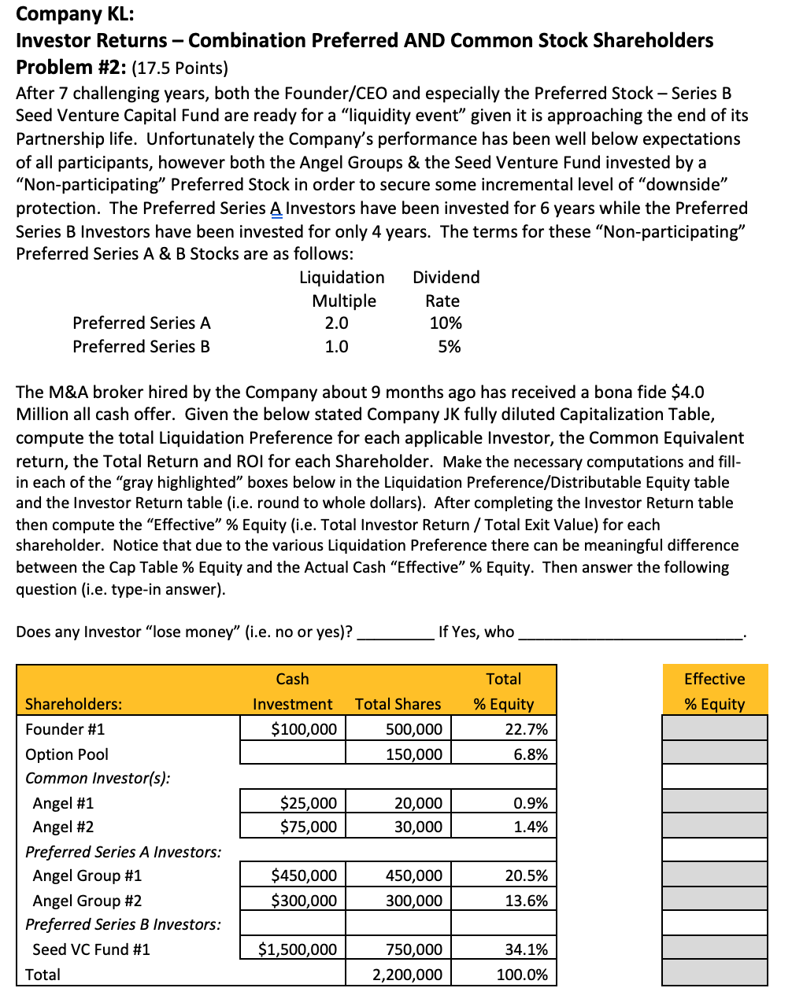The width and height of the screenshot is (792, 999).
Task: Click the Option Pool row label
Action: click(x=67, y=754)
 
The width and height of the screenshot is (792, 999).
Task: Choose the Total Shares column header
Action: click(x=398, y=704)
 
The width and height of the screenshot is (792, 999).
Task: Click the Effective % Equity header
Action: click(x=714, y=691)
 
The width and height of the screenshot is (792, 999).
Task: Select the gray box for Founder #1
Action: click(x=714, y=729)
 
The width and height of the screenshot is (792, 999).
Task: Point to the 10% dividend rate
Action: click(x=446, y=323)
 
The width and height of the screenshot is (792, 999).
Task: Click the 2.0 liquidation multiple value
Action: click(x=336, y=323)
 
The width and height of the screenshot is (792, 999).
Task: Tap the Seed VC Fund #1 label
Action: click(x=91, y=949)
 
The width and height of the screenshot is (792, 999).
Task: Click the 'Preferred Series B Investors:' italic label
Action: click(x=123, y=924)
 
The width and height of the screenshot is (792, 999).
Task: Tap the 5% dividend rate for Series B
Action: click(x=449, y=347)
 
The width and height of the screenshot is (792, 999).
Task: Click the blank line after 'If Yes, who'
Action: click(x=630, y=633)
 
